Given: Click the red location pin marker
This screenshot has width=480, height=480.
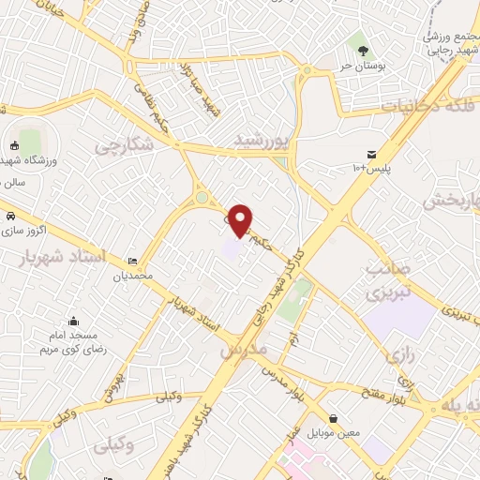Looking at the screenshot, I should pyautogui.click(x=241, y=219).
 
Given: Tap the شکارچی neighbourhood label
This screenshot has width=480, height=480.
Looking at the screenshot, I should pyautogui.click(x=123, y=146).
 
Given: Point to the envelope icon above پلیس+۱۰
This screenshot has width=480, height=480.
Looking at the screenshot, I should pyautogui.click(x=372, y=154).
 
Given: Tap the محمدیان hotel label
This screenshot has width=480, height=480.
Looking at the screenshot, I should pyautogui.click(x=133, y=277).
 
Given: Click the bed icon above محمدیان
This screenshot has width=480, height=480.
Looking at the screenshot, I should pyautogui.click(x=133, y=262).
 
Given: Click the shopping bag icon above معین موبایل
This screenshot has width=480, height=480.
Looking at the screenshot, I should pyautogui.click(x=334, y=417).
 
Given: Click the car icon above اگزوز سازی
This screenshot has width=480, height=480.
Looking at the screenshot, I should pyautogui.click(x=10, y=217).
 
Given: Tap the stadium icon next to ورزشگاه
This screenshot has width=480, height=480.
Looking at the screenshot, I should pyautogui.click(x=14, y=145).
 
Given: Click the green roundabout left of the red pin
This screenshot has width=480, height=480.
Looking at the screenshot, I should pyautogui.click(x=202, y=197).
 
